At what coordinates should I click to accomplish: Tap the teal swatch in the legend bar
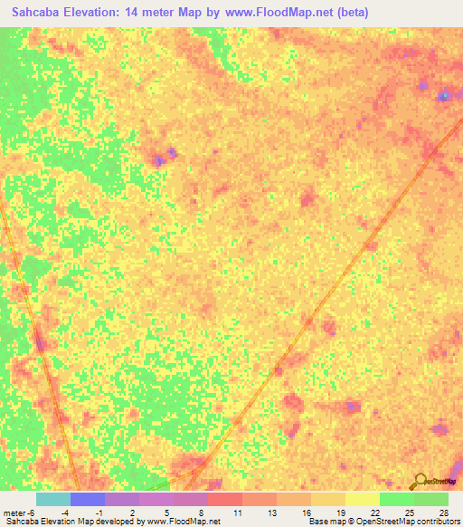coord(53,499)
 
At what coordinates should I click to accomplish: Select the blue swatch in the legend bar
coord(88,499)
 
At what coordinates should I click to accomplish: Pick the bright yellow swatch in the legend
coord(363,499)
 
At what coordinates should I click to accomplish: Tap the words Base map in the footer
coord(325,522)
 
